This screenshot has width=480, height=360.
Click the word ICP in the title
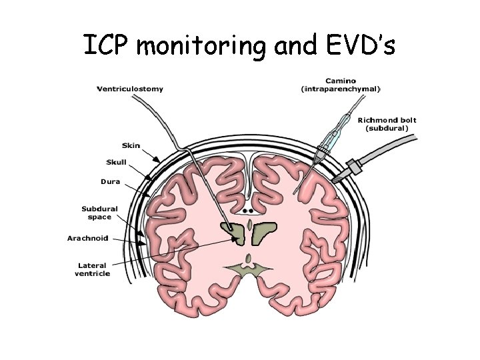point(108,45)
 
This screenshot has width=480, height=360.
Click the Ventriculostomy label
point(130,89)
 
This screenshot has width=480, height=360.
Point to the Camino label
point(341,81)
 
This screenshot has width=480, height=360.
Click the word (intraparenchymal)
point(341,89)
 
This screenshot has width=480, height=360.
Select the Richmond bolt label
point(387,120)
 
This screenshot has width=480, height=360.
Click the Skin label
point(131,145)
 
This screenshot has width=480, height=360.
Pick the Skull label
point(116,162)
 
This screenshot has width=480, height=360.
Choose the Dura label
point(111,181)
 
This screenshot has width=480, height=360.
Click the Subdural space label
point(99,212)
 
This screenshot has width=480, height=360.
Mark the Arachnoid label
point(87,238)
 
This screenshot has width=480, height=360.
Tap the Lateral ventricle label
point(93,269)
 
